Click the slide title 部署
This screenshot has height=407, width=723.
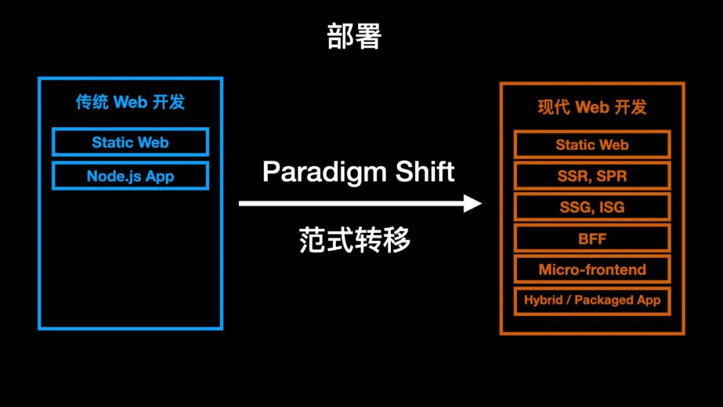[x=354, y=37]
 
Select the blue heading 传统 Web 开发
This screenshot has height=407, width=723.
[x=130, y=102]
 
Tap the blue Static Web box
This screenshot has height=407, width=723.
[x=131, y=142]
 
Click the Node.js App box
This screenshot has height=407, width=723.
[x=131, y=176]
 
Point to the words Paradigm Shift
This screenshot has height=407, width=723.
[x=358, y=172]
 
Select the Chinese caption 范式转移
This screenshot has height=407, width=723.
[x=355, y=240]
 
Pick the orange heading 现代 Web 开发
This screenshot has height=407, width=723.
[x=592, y=107]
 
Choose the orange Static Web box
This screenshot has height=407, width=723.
[x=592, y=145]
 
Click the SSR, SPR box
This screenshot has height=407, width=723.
[x=592, y=176]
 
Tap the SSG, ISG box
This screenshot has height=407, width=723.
[x=592, y=208]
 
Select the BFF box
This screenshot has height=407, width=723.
[x=592, y=238]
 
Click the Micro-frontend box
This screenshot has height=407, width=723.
[x=592, y=270]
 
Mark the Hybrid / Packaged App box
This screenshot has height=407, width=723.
[x=592, y=301]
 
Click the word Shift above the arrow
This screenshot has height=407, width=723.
[x=425, y=172]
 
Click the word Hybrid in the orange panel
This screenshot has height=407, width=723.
[x=543, y=301]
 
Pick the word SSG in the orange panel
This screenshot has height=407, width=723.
[x=574, y=208]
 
